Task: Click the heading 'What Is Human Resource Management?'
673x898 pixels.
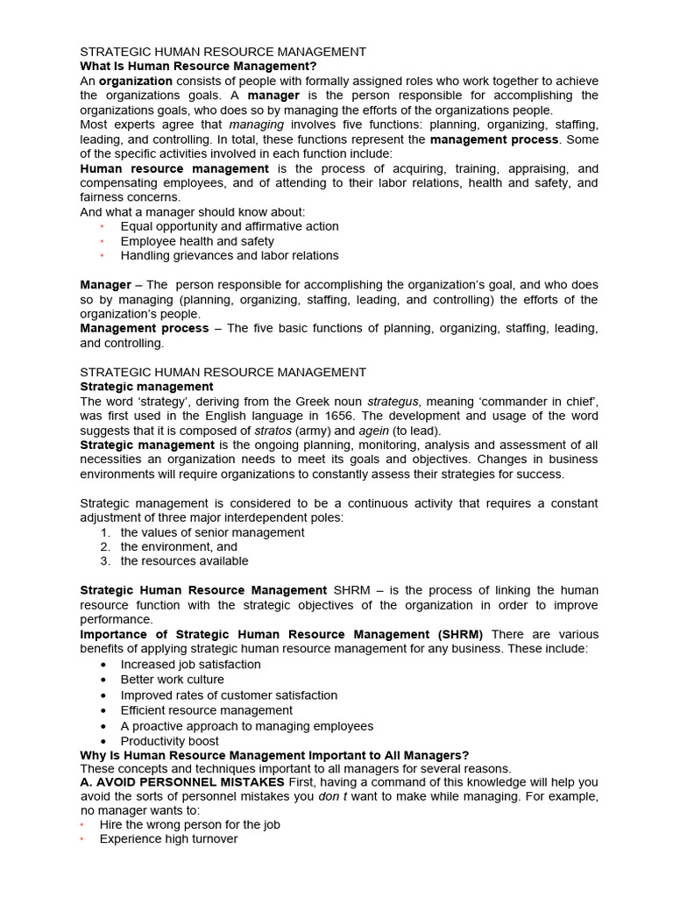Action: coord(198,66)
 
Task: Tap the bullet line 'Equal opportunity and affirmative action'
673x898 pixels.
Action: coord(230,226)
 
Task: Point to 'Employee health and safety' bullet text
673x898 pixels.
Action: coord(197,241)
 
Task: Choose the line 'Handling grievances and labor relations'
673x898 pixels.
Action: coord(230,255)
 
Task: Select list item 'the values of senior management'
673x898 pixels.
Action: coord(213,532)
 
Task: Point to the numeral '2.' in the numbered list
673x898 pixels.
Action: coord(105,546)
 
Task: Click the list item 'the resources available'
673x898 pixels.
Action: coord(185,560)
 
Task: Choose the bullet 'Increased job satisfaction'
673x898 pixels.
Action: coord(191,664)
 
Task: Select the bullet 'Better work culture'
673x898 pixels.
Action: coord(173,680)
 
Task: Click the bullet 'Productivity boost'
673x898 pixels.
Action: coord(170,741)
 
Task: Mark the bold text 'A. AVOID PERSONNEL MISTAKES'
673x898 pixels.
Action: coord(182,782)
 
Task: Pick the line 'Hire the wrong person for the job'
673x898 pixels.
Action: coord(190,824)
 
